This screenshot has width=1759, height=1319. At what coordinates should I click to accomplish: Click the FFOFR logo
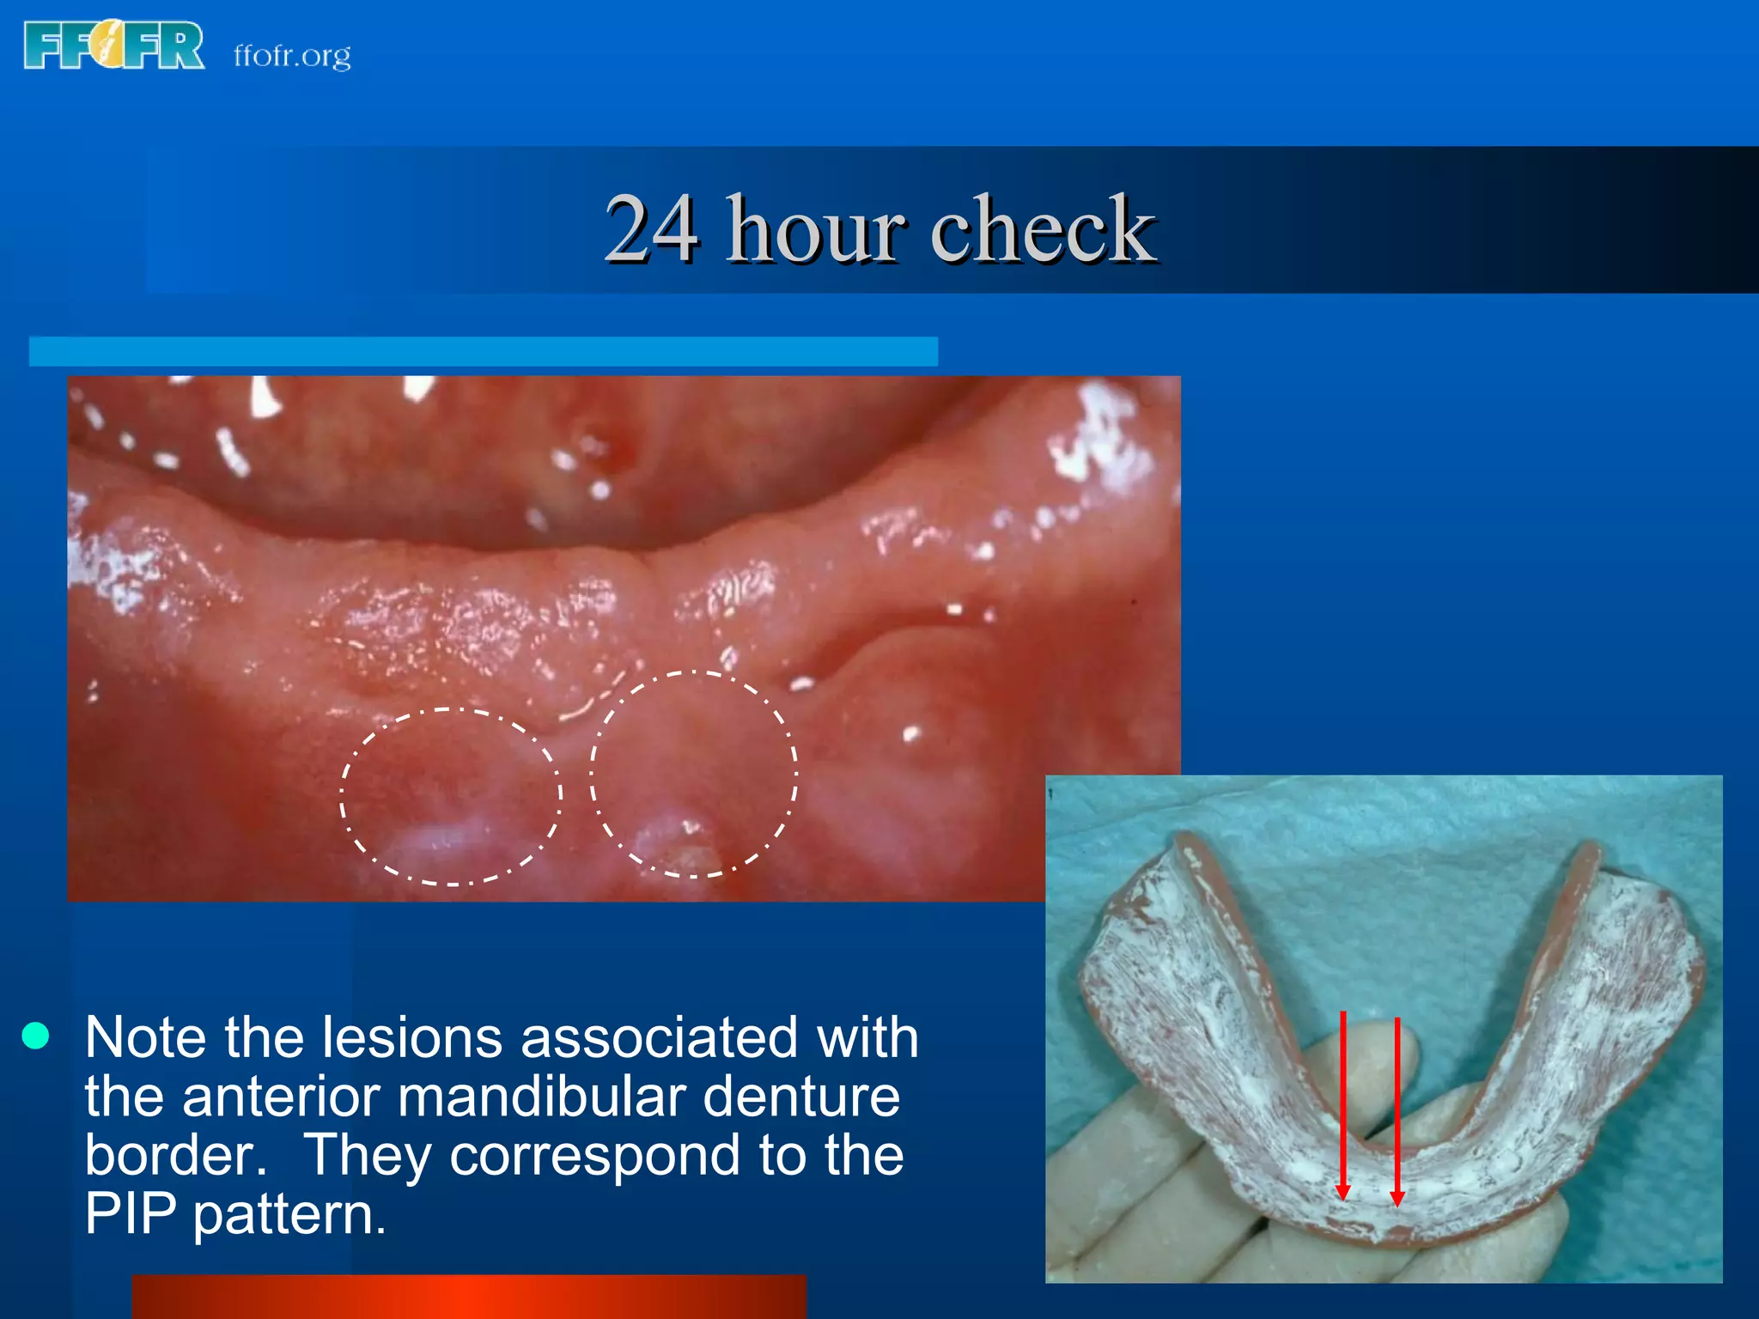pyautogui.click(x=114, y=46)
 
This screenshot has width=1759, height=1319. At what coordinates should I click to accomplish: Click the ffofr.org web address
pyautogui.click(x=292, y=56)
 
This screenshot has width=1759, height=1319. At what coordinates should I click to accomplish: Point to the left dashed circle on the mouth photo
pyautogui.click(x=451, y=796)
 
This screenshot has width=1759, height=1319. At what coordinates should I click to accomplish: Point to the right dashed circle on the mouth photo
pyautogui.click(x=693, y=774)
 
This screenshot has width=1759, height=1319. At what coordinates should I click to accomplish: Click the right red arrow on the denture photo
pyautogui.click(x=1397, y=1112)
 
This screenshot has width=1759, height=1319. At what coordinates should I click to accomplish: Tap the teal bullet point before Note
pyautogui.click(x=35, y=1036)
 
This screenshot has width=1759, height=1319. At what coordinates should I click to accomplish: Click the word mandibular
pyautogui.click(x=540, y=1097)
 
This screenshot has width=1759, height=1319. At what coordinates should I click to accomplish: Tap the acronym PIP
pyautogui.click(x=130, y=1213)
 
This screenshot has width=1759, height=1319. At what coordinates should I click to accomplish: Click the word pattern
pyautogui.click(x=289, y=1215)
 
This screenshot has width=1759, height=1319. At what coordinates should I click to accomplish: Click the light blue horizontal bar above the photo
pyautogui.click(x=483, y=351)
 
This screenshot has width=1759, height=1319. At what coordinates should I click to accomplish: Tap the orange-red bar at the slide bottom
pyautogui.click(x=468, y=1297)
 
